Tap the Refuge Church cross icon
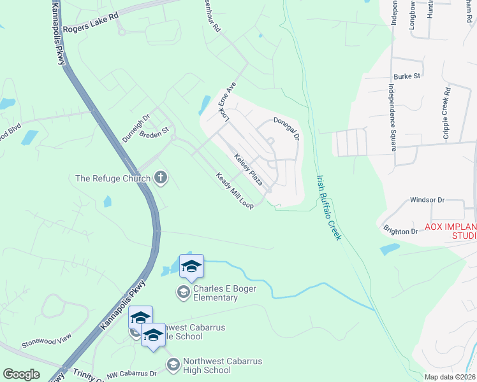click(161, 178)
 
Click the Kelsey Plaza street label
click(248, 169)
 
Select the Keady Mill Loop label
click(235, 190)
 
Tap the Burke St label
click(407, 76)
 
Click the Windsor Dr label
click(427, 199)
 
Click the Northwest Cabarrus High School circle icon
click(173, 365)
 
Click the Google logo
click(22, 374)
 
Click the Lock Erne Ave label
click(227, 102)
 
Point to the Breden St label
click(154, 131)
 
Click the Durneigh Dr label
click(135, 128)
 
